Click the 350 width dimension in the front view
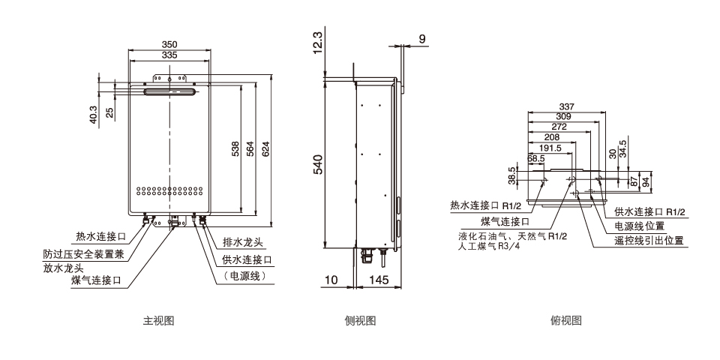point(169,45)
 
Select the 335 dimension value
point(169,55)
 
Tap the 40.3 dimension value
point(94,115)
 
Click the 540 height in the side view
point(317,164)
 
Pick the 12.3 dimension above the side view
point(317,43)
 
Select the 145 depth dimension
point(379,280)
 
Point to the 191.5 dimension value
point(550,148)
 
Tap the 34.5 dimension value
point(622,147)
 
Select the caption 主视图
point(159,321)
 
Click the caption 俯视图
point(566,321)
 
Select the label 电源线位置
point(640,226)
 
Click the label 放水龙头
point(63,267)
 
